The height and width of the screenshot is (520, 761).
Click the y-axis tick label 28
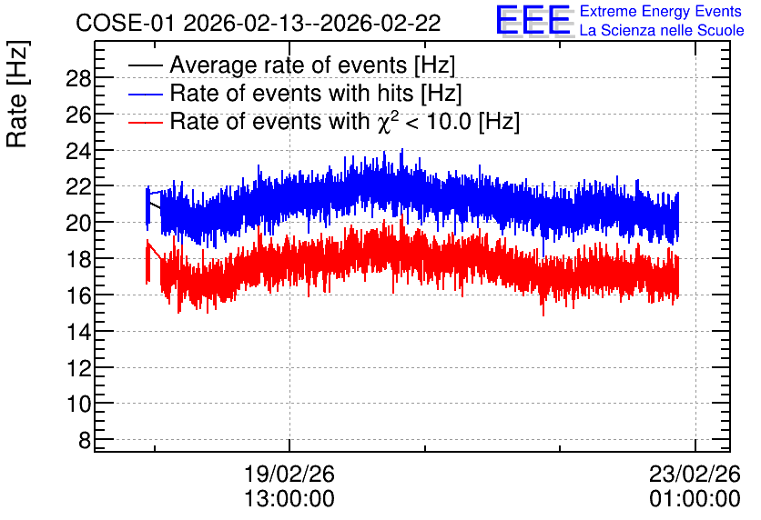[x=78, y=78]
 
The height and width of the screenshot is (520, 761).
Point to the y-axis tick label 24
[x=78, y=151]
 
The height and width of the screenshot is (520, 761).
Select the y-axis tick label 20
[x=78, y=223]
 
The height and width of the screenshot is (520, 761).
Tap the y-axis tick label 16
[x=78, y=295]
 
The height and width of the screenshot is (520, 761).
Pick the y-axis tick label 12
[x=78, y=368]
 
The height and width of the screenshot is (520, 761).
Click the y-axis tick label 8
[x=85, y=440]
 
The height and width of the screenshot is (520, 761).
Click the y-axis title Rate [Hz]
[x=17, y=95]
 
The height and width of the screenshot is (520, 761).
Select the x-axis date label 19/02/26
[x=289, y=474]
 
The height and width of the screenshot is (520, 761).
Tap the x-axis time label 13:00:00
[x=289, y=499]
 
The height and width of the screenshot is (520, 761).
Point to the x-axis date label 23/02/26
[x=695, y=474]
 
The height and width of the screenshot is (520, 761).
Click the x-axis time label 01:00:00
[x=695, y=499]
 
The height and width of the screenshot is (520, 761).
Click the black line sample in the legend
[x=145, y=65]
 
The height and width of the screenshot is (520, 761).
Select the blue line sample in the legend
[x=145, y=94]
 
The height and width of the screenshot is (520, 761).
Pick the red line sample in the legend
[x=145, y=122]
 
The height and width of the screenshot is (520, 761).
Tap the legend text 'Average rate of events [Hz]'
[x=312, y=65]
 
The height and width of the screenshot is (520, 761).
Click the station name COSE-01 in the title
[x=125, y=23]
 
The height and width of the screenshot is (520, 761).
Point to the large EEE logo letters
[x=533, y=20]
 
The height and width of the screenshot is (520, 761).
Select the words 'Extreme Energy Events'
[x=661, y=11]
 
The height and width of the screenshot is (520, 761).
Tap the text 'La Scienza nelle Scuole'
[x=662, y=31]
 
